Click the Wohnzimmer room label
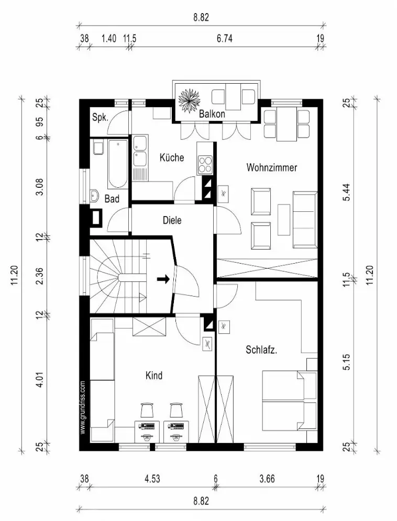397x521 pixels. coord(272,168)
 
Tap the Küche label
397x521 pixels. coord(172,157)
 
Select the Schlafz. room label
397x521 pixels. coord(261,350)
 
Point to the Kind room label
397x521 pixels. coord(154,376)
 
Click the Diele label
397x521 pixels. coord(172,221)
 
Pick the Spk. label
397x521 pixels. coord(100,118)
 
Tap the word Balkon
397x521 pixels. coord(212,114)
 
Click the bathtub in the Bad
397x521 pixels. coord(118,164)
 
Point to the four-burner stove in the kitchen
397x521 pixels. coord(205,165)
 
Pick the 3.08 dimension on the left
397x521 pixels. coord(38,186)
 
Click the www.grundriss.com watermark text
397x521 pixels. coord(83,408)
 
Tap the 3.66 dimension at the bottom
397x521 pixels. coord(267,479)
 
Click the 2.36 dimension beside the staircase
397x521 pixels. coord(38,276)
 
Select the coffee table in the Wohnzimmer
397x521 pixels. coord(284,220)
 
